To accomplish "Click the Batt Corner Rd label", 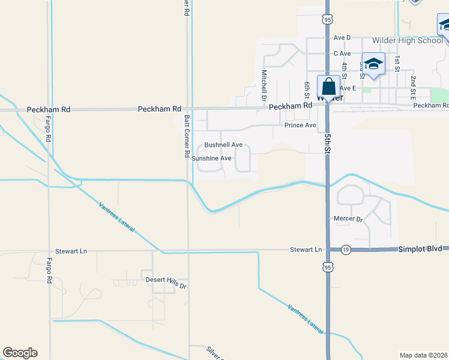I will (x=187, y=136).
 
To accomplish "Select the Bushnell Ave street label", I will (x=223, y=145).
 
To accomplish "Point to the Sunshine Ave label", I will (x=211, y=158).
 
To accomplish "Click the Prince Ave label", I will (x=300, y=125).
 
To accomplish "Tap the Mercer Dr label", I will (x=348, y=220).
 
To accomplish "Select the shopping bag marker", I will (x=328, y=86).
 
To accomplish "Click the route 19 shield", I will (x=346, y=249).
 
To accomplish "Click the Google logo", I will (x=20, y=353).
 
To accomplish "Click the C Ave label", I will (x=342, y=53).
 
